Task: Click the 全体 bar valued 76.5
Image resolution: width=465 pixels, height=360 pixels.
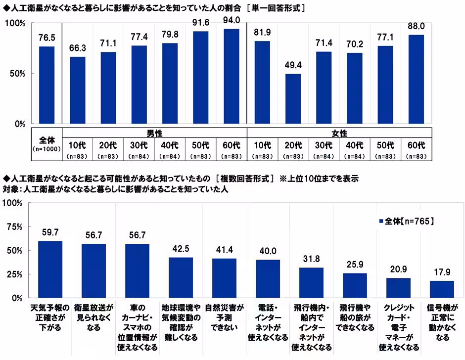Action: pos(47,85)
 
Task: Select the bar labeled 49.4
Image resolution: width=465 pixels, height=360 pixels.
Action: pos(293,99)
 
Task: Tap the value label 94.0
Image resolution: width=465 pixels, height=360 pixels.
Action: pos(232,20)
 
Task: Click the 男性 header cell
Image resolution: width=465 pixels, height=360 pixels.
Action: pos(155,133)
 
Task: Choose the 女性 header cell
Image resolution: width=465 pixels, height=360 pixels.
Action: pos(339,133)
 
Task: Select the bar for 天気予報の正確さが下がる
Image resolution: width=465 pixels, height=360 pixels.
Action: pos(50,270)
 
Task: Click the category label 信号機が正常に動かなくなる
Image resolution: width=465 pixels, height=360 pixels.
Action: pos(441,322)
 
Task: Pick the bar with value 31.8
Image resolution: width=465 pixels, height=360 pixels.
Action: pos(311,283)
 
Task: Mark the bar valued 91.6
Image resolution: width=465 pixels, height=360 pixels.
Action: pos(200,78)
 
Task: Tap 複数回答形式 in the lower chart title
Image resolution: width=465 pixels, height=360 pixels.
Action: pos(244,179)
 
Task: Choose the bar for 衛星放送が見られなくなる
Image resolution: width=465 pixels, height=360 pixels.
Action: pos(93,271)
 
